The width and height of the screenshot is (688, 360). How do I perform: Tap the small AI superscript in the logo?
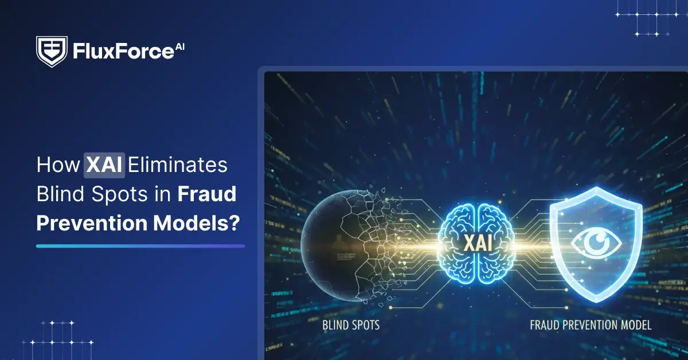(x=180, y=46)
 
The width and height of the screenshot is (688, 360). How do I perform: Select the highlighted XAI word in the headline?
(x=104, y=166)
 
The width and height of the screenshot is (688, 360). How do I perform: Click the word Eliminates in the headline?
(x=178, y=166)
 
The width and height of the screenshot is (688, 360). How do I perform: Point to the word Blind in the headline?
(x=60, y=194)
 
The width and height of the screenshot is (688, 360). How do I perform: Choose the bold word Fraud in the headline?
(x=207, y=194)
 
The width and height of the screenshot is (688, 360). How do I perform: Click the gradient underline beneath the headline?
(x=140, y=246)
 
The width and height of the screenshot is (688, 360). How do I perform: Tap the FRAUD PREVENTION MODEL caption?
(x=590, y=325)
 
